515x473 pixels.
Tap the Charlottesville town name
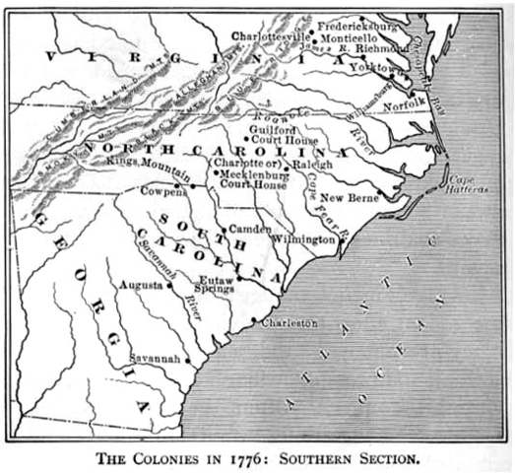[270, 34]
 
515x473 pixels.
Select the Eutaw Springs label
[215, 284]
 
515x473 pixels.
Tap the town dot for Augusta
[170, 286]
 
